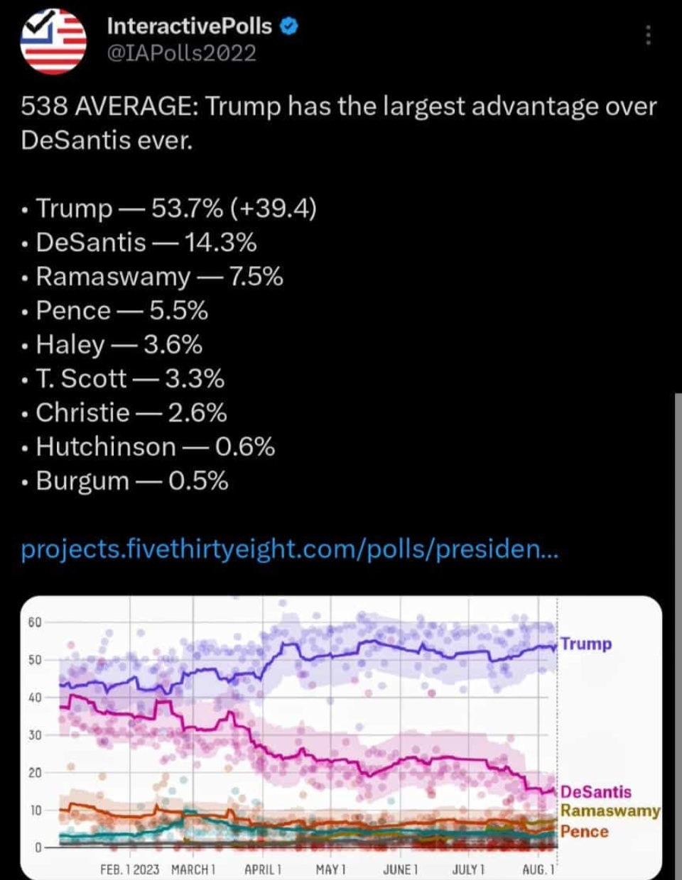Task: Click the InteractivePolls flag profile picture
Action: (53, 41)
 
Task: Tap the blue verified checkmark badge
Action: (288, 27)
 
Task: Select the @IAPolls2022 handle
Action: (181, 53)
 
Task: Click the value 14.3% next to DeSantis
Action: (220, 243)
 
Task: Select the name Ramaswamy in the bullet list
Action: (113, 277)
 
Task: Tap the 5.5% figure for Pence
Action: (178, 311)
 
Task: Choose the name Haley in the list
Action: (70, 345)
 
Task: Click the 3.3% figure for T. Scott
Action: (195, 379)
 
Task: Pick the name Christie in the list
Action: (83, 413)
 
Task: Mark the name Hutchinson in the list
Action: (106, 447)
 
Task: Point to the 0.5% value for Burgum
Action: (198, 481)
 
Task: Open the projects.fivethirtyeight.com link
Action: (290, 549)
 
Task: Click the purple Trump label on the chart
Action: (586, 644)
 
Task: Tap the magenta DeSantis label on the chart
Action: (595, 792)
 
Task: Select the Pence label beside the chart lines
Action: (584, 831)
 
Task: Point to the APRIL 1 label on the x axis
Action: (263, 869)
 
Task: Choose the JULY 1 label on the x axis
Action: (468, 869)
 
